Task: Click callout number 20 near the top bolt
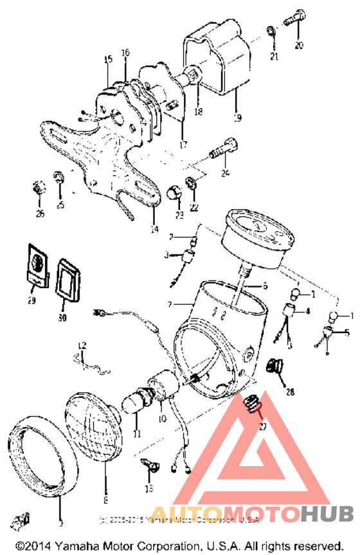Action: pyautogui.click(x=298, y=45)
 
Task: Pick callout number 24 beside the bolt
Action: pyautogui.click(x=225, y=172)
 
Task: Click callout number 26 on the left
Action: pyautogui.click(x=40, y=213)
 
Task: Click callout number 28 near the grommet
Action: pyautogui.click(x=289, y=392)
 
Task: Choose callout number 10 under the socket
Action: pyautogui.click(x=161, y=419)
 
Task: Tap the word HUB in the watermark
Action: pyautogui.click(x=327, y=514)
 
